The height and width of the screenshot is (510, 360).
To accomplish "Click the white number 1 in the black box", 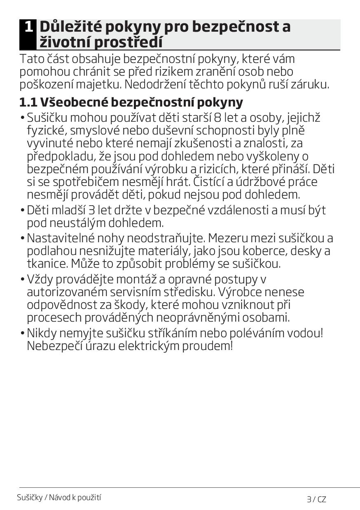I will [28, 27].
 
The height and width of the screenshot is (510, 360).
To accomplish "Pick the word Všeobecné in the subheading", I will [73, 102].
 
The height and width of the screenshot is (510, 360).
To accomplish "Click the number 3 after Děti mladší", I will [91, 210].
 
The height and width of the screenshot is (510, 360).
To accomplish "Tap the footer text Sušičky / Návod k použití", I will [59, 497].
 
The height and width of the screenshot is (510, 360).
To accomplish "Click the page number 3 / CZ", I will [316, 499].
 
